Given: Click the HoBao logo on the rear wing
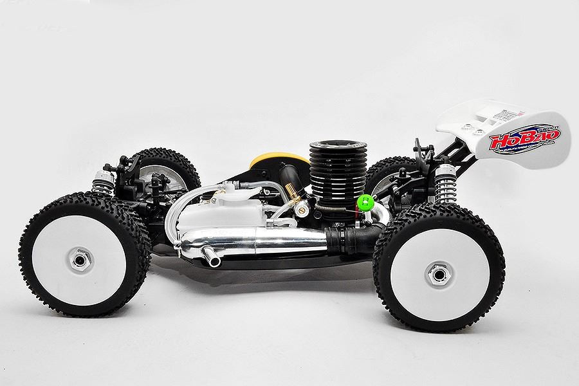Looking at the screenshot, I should [524, 136].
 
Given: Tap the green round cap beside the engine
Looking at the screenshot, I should [364, 202].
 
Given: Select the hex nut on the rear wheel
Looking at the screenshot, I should [439, 274].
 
